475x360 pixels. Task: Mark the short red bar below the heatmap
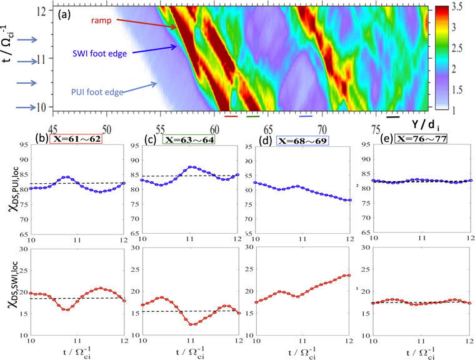231,116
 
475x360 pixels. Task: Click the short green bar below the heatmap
252,116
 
